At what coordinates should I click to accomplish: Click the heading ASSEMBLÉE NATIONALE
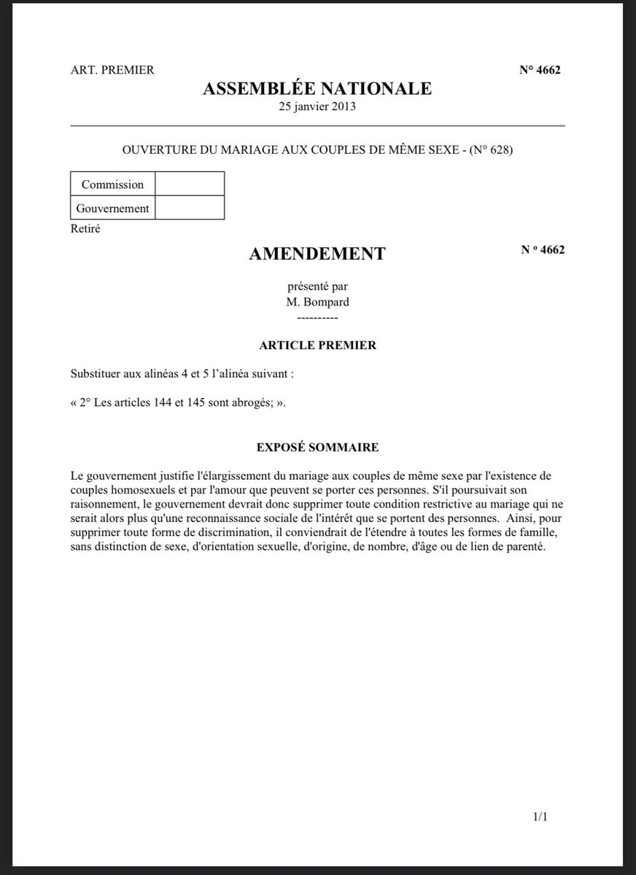(317, 89)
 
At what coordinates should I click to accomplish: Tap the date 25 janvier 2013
(317, 106)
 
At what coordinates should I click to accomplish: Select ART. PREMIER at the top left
(112, 70)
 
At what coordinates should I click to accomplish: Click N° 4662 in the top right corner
(540, 70)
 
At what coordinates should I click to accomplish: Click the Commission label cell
(112, 184)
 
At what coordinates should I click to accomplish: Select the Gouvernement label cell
(112, 208)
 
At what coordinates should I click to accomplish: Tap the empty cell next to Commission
(190, 184)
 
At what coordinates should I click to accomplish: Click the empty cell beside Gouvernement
(190, 208)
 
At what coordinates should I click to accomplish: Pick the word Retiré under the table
(85, 229)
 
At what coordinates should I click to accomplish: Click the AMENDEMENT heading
(317, 254)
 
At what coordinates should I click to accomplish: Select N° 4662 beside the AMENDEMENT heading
(543, 249)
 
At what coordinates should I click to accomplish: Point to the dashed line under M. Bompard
(318, 318)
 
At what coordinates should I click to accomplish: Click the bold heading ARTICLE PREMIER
(318, 345)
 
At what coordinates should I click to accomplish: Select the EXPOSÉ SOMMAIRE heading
(317, 446)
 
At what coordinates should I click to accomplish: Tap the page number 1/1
(540, 818)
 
